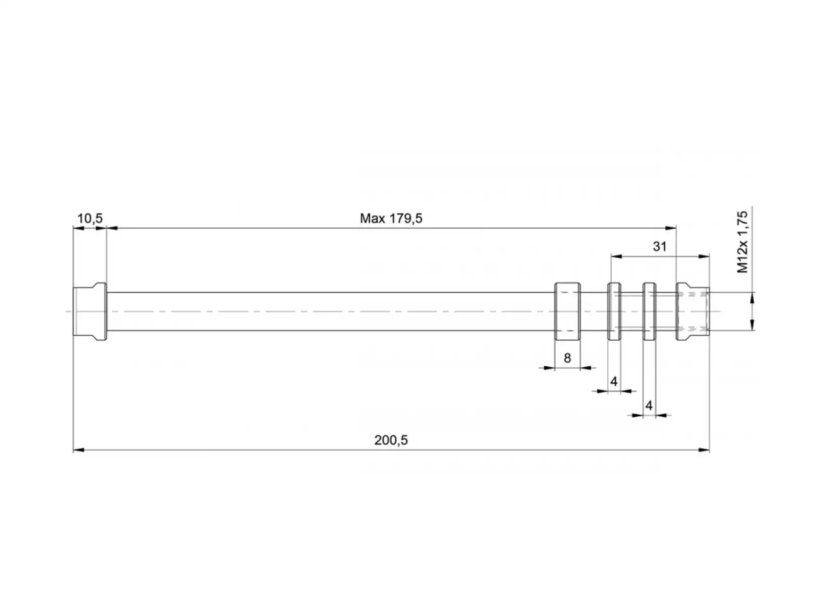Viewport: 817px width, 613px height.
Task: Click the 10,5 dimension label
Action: [x=90, y=219]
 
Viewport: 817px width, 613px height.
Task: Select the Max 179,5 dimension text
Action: [x=391, y=219]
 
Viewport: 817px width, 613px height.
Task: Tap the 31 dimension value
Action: [x=660, y=246]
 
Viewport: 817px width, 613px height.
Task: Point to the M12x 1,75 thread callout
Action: [x=742, y=242]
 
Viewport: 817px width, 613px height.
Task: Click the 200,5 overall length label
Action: [x=391, y=440]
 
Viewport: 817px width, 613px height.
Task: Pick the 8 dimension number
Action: [x=567, y=358]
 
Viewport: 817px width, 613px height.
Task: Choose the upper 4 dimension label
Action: [x=614, y=382]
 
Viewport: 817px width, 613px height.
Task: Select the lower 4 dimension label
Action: [x=649, y=405]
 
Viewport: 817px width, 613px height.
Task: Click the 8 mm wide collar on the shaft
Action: [x=567, y=312]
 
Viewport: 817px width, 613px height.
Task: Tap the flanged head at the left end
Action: [x=90, y=312]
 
